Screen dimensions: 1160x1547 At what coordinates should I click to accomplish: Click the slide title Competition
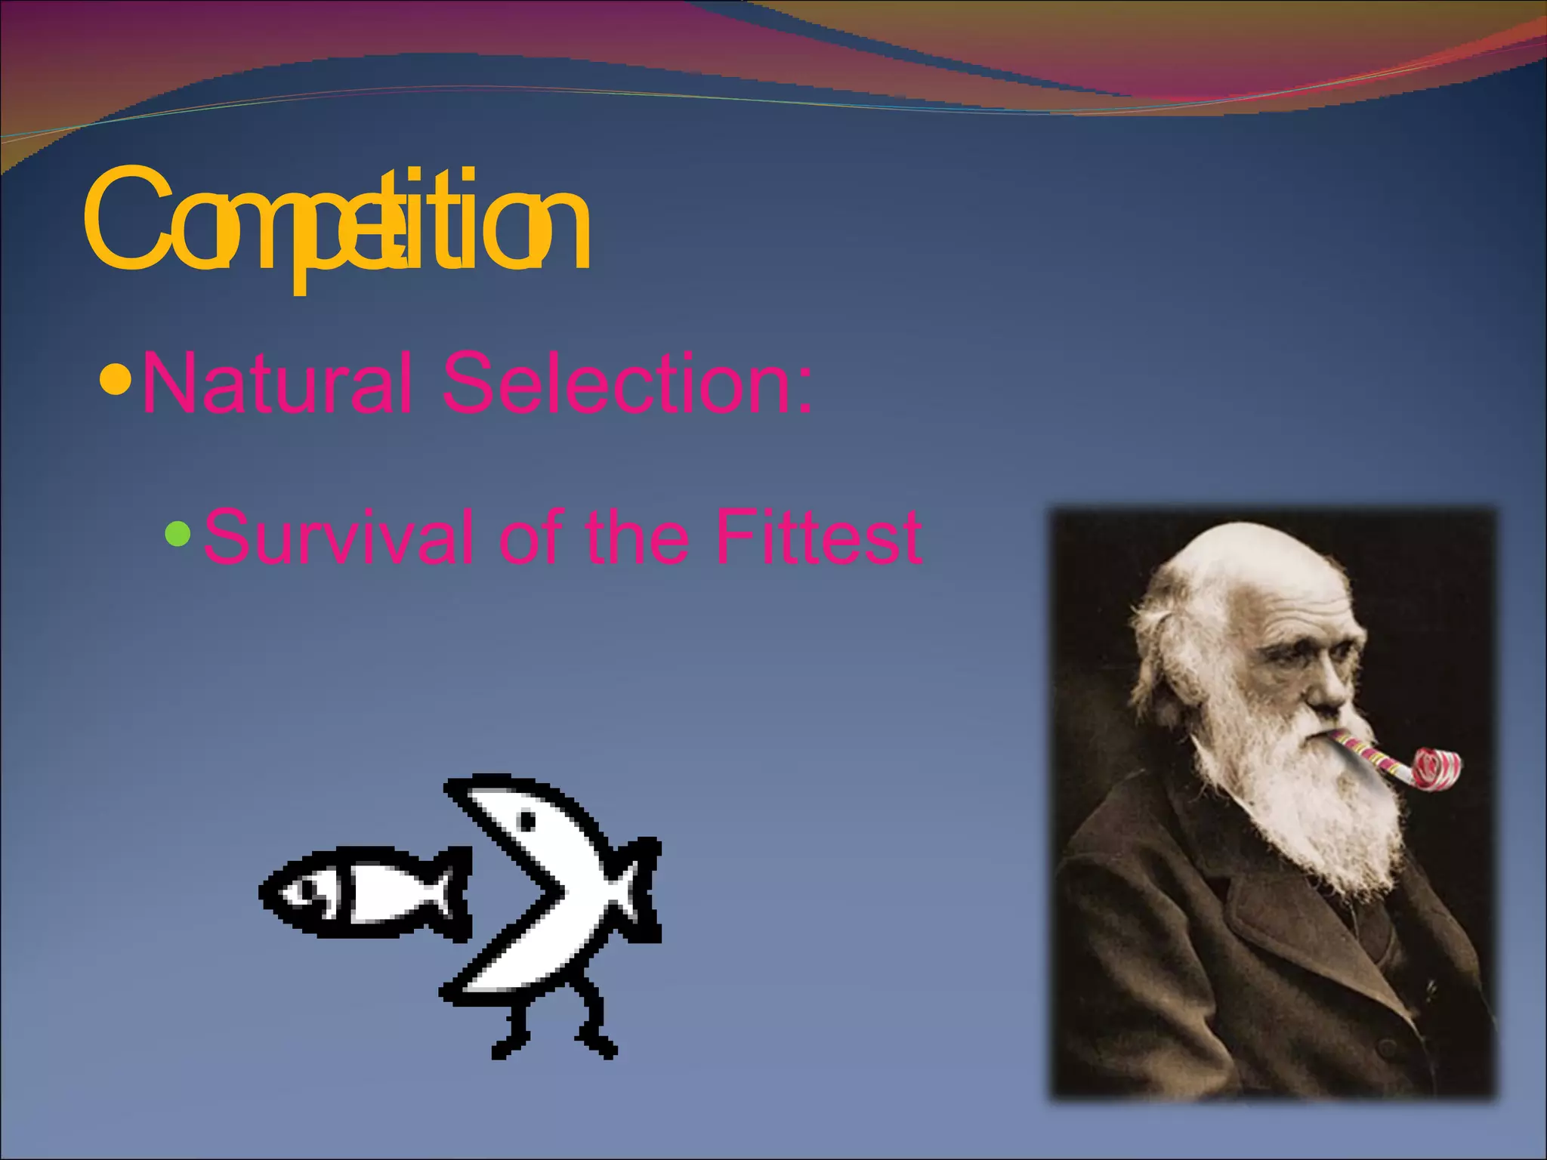pos(336,223)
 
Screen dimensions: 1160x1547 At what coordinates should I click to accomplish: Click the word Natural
pos(276,383)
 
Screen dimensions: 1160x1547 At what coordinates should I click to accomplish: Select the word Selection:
pos(627,383)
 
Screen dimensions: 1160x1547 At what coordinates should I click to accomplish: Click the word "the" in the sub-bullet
pos(637,536)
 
